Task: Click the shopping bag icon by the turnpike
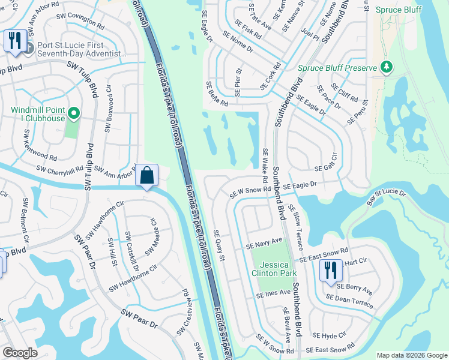[x=147, y=176]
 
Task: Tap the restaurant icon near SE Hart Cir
[x=331, y=270]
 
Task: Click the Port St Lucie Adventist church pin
[x=25, y=45]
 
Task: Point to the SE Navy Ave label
[x=264, y=244]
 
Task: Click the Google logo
[x=20, y=353]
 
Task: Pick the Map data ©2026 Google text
[x=412, y=355]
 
